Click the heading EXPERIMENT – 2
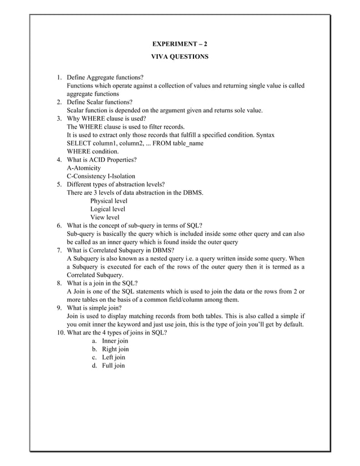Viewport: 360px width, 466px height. [180, 43]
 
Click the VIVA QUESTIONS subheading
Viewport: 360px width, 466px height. [180, 57]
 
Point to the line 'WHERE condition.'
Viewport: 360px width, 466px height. [93, 151]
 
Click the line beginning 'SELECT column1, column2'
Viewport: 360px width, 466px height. [135, 143]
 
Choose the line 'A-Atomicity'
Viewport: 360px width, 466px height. [84, 168]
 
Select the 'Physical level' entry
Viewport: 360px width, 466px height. [109, 201]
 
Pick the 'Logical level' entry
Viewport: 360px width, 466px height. [108, 209]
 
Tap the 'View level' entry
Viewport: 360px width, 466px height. [105, 217]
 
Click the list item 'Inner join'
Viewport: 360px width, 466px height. [115, 341]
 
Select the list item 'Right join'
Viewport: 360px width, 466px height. [115, 349]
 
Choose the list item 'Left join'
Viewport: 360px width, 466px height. [113, 358]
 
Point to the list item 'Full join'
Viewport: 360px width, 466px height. [113, 366]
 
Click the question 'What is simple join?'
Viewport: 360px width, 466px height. [94, 309]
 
